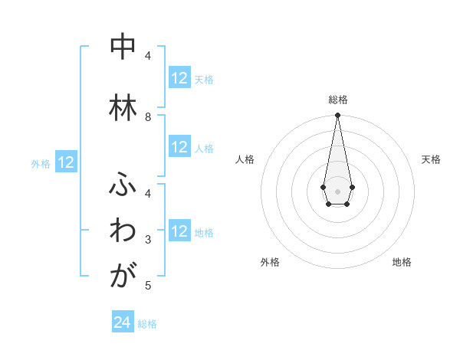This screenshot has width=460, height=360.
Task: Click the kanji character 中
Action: [122, 47]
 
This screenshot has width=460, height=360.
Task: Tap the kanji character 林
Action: [122, 107]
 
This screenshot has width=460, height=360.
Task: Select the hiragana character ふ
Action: [122, 186]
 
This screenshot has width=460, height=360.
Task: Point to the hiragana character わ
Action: [122, 231]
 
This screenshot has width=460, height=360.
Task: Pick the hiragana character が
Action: [122, 275]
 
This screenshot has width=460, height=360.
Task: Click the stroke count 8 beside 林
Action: [149, 117]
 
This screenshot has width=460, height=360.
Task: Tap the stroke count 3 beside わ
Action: [149, 240]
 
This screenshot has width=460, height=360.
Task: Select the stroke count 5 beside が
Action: [149, 286]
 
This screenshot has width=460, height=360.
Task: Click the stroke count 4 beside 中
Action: [149, 56]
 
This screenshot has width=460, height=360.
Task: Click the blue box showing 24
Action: [122, 322]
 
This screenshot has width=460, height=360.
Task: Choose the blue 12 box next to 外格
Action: [65, 162]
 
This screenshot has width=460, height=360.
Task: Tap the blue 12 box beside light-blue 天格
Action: [179, 78]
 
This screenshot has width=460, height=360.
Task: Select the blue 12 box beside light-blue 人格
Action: [179, 147]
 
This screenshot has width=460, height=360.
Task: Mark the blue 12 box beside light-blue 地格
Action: [179, 231]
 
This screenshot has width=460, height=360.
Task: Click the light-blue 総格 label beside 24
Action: [148, 324]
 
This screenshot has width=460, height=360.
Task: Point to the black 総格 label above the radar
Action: [337, 100]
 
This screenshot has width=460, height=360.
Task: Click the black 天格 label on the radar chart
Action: [431, 159]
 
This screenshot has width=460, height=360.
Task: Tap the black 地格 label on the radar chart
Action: [402, 262]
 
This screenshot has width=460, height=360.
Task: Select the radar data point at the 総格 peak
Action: [337, 116]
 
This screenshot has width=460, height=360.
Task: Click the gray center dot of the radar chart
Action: [337, 191]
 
